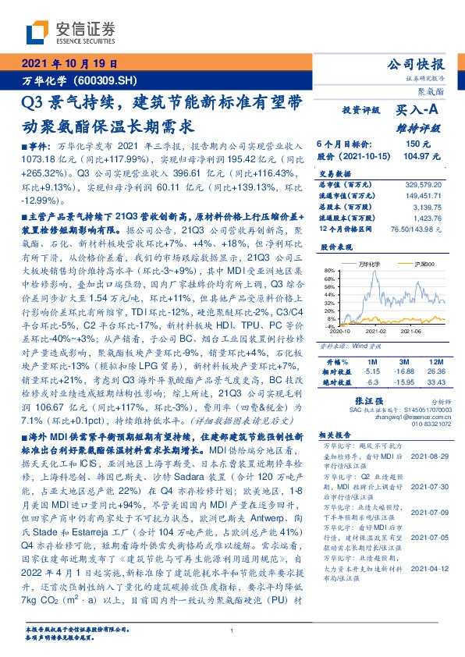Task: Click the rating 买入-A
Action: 414,112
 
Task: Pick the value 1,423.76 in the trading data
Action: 428,218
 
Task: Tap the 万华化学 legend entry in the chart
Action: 365,265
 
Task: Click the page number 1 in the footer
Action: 232,631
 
